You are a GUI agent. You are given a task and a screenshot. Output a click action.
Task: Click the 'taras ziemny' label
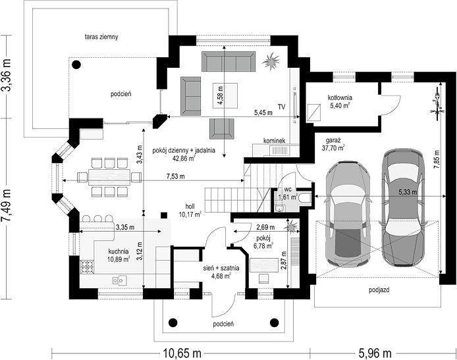point(101,37)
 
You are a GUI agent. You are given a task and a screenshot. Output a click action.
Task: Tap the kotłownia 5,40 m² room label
point(340,101)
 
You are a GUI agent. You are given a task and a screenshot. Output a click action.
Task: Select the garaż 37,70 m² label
point(333,144)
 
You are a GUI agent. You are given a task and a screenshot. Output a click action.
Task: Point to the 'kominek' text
point(274,140)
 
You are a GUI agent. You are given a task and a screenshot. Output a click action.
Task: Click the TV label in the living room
point(281,107)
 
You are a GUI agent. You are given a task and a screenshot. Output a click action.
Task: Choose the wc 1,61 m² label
point(288,193)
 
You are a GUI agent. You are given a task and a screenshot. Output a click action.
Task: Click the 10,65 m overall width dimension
point(181,353)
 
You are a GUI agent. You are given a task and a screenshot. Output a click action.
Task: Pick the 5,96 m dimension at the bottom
point(374,353)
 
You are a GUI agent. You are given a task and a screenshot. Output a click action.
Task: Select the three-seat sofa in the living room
point(228,61)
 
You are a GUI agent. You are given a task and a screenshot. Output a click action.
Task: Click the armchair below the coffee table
point(221,129)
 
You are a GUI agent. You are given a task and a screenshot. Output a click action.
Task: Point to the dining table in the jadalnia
point(109,177)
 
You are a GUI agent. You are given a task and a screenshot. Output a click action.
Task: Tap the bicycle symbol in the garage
point(437,103)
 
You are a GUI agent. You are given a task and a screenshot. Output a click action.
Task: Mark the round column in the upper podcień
point(76,64)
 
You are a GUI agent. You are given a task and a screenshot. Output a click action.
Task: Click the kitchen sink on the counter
point(119,280)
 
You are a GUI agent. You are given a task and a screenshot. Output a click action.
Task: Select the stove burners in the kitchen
point(87,267)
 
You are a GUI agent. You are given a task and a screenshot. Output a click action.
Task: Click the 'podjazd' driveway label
point(379,290)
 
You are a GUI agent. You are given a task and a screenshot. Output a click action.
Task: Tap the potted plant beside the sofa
point(271,61)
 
